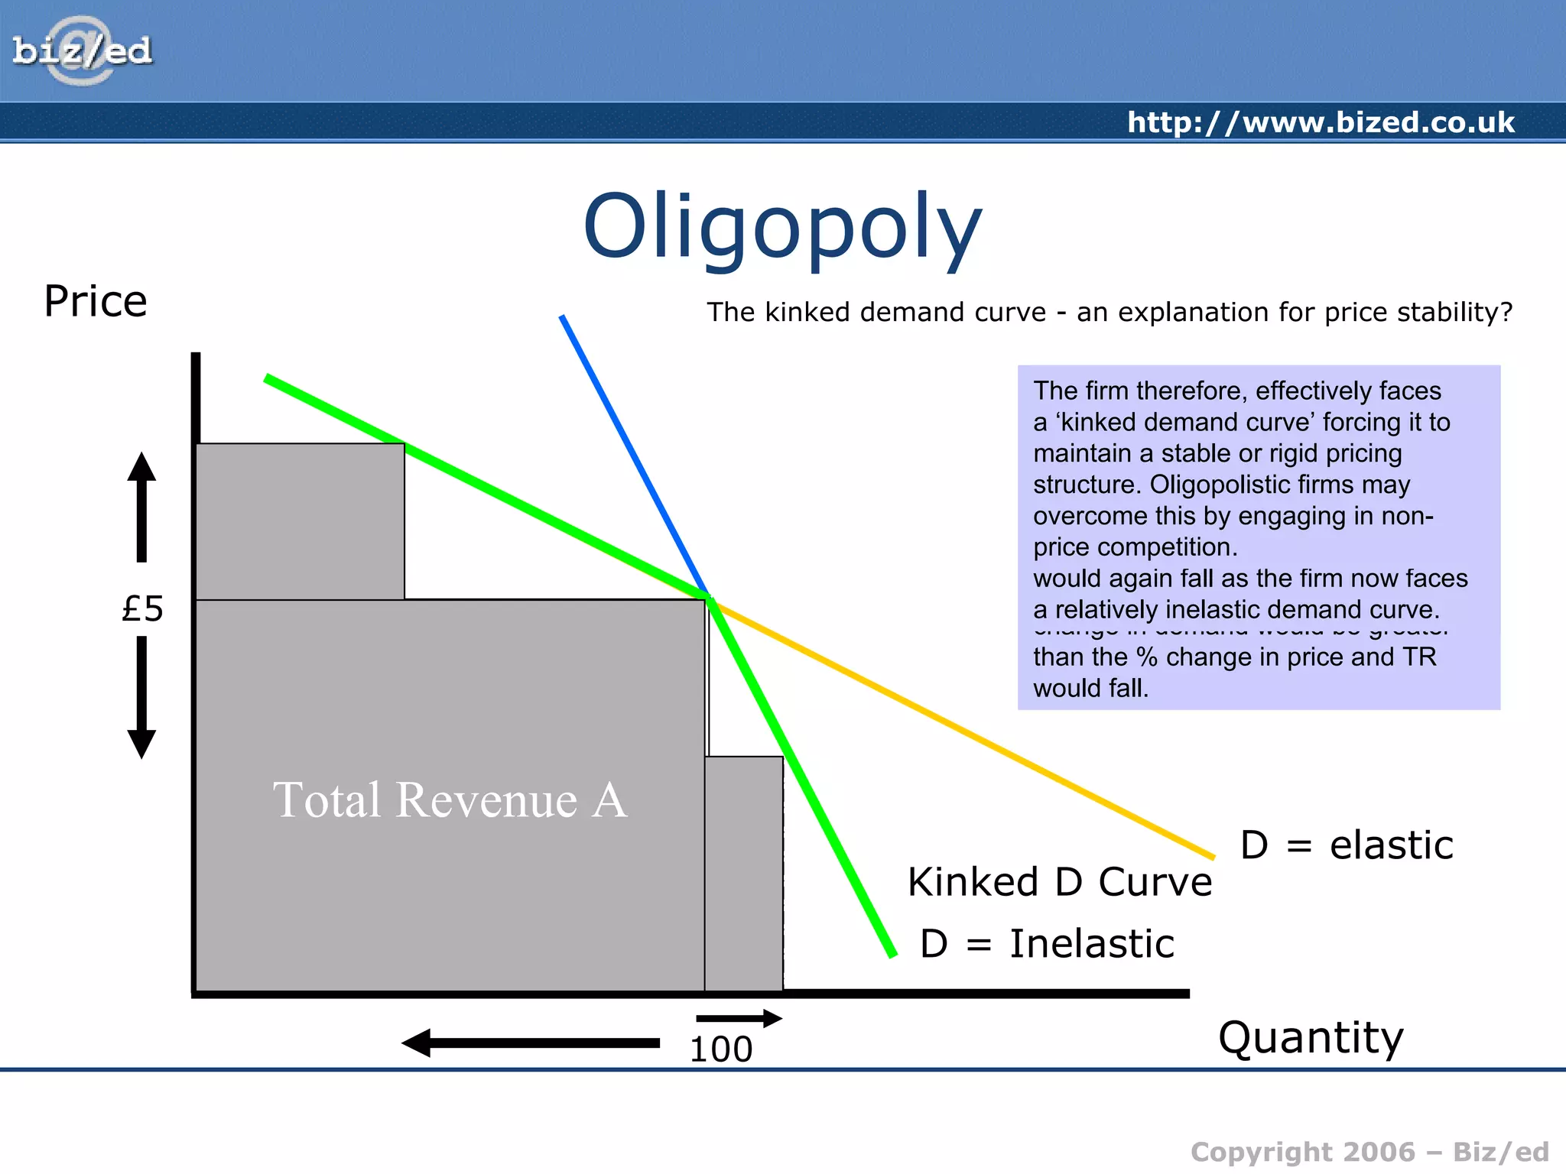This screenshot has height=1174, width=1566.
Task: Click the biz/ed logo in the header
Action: point(82,51)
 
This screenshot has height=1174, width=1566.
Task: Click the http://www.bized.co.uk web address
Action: point(1321,122)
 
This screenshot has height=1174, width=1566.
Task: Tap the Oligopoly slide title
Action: point(781,228)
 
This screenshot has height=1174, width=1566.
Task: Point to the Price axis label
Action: point(96,301)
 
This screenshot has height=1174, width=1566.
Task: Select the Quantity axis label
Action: point(1311,1038)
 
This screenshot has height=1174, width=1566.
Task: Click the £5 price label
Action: point(143,609)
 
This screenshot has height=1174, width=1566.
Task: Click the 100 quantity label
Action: point(720,1049)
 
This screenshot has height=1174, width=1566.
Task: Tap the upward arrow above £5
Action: point(141,506)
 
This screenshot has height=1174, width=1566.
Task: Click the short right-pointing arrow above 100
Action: point(739,1018)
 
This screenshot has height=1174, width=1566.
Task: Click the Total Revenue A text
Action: point(450,800)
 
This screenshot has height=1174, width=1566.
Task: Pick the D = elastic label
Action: point(1346,845)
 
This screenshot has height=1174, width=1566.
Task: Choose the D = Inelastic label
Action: point(1046,944)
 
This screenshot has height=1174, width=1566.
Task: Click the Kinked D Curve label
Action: point(1060,882)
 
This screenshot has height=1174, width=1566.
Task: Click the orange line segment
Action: point(963,730)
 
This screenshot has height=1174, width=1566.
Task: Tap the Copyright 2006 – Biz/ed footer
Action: point(1369,1152)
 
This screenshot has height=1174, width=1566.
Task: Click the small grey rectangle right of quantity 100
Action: point(744,873)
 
